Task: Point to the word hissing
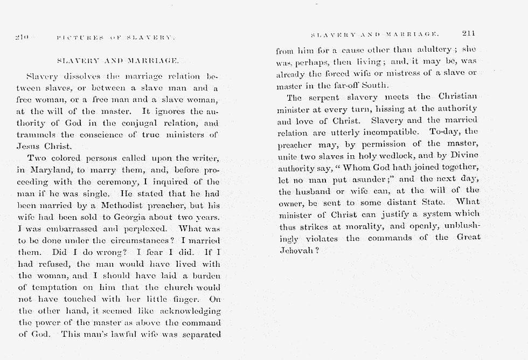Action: click(x=387, y=109)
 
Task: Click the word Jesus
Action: click(x=29, y=146)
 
